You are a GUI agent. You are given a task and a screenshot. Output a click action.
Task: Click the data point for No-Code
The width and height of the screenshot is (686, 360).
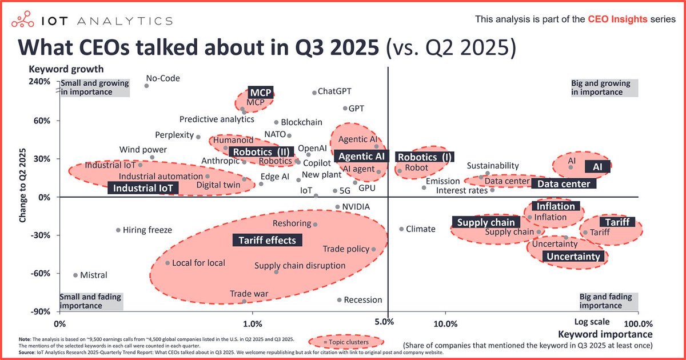point(146,86)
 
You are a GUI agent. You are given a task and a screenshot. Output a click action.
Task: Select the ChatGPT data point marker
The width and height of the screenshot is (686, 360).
point(314,93)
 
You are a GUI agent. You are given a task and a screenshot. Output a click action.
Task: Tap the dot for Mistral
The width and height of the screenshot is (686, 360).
point(75,275)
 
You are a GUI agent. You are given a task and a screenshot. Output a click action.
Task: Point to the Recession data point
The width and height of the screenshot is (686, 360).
point(339,299)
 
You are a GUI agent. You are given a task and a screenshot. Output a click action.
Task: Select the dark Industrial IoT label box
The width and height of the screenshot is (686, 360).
point(142,187)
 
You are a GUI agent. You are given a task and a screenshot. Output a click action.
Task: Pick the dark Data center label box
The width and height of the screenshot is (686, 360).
point(564,184)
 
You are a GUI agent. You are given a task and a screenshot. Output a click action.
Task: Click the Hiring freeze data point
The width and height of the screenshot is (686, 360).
point(118,230)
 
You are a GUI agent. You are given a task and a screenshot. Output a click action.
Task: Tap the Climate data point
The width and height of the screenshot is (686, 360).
point(401,229)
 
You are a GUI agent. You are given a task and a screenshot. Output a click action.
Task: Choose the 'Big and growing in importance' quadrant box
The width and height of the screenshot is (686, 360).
point(604,87)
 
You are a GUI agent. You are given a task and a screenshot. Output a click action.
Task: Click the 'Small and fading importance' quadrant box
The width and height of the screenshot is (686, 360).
point(89,301)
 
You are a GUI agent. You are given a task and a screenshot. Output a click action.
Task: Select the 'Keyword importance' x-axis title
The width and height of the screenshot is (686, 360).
point(605,334)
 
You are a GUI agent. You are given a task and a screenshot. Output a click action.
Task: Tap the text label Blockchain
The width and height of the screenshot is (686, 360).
point(302,122)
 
